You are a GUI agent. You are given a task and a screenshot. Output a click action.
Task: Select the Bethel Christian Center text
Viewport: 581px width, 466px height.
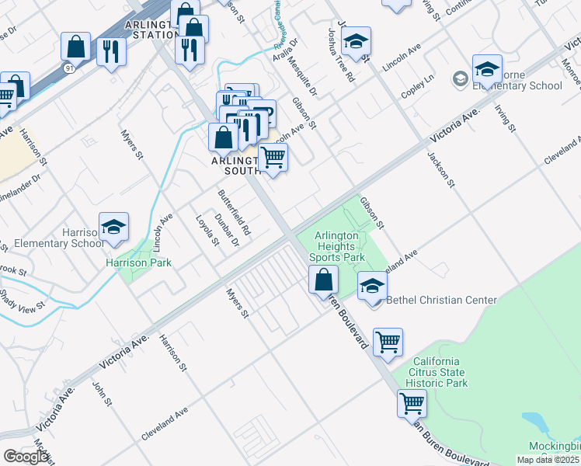pos(441,300)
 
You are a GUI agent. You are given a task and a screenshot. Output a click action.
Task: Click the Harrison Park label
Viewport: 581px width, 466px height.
pos(138,263)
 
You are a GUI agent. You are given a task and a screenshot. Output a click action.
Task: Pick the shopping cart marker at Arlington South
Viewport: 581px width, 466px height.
pos(273,158)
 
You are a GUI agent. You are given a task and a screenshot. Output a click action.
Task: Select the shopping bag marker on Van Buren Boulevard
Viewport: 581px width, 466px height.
pos(323,280)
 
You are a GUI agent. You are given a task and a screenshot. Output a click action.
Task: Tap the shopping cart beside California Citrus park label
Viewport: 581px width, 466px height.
pos(388,342)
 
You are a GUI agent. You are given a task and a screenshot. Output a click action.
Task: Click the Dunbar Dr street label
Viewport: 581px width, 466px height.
pos(226,230)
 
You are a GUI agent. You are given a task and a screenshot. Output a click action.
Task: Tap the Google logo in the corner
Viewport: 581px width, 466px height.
pos(26,457)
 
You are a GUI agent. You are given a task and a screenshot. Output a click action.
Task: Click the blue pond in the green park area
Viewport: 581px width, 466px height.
pos(537,423)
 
